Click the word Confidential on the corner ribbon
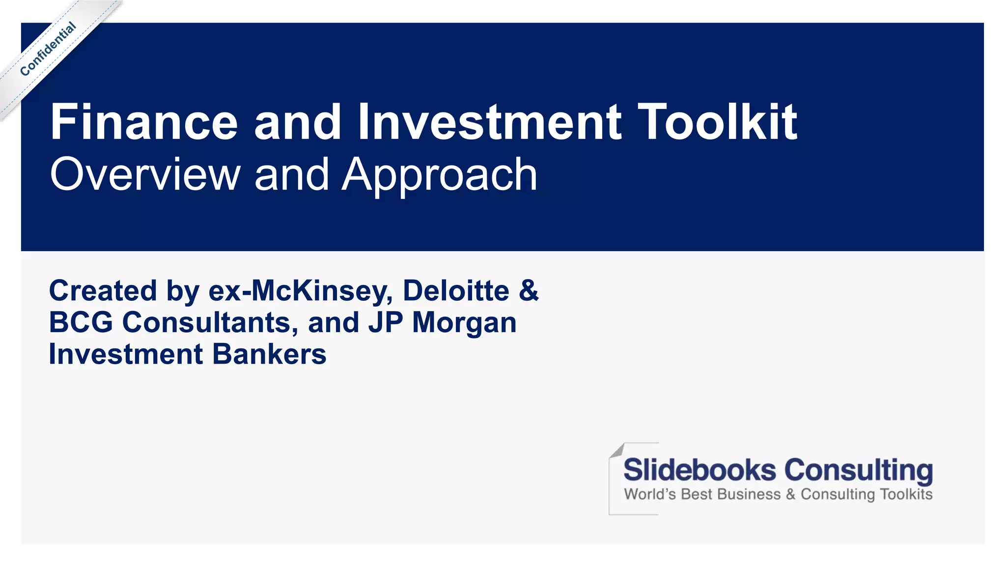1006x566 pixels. coord(48,49)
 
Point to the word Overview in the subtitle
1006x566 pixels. coord(145,174)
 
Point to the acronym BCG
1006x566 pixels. coord(81,323)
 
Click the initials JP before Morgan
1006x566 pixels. coord(386,323)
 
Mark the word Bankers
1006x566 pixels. coord(269,354)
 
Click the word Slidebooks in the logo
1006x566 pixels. coord(699,470)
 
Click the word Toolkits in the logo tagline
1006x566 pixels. coord(906,494)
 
